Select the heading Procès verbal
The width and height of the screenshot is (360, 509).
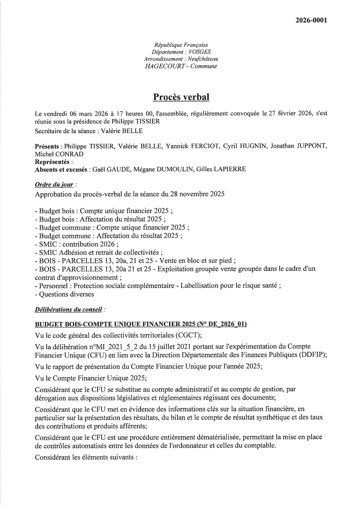181,97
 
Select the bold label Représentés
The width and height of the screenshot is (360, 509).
54,162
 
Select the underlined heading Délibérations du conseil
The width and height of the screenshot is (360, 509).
68,309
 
